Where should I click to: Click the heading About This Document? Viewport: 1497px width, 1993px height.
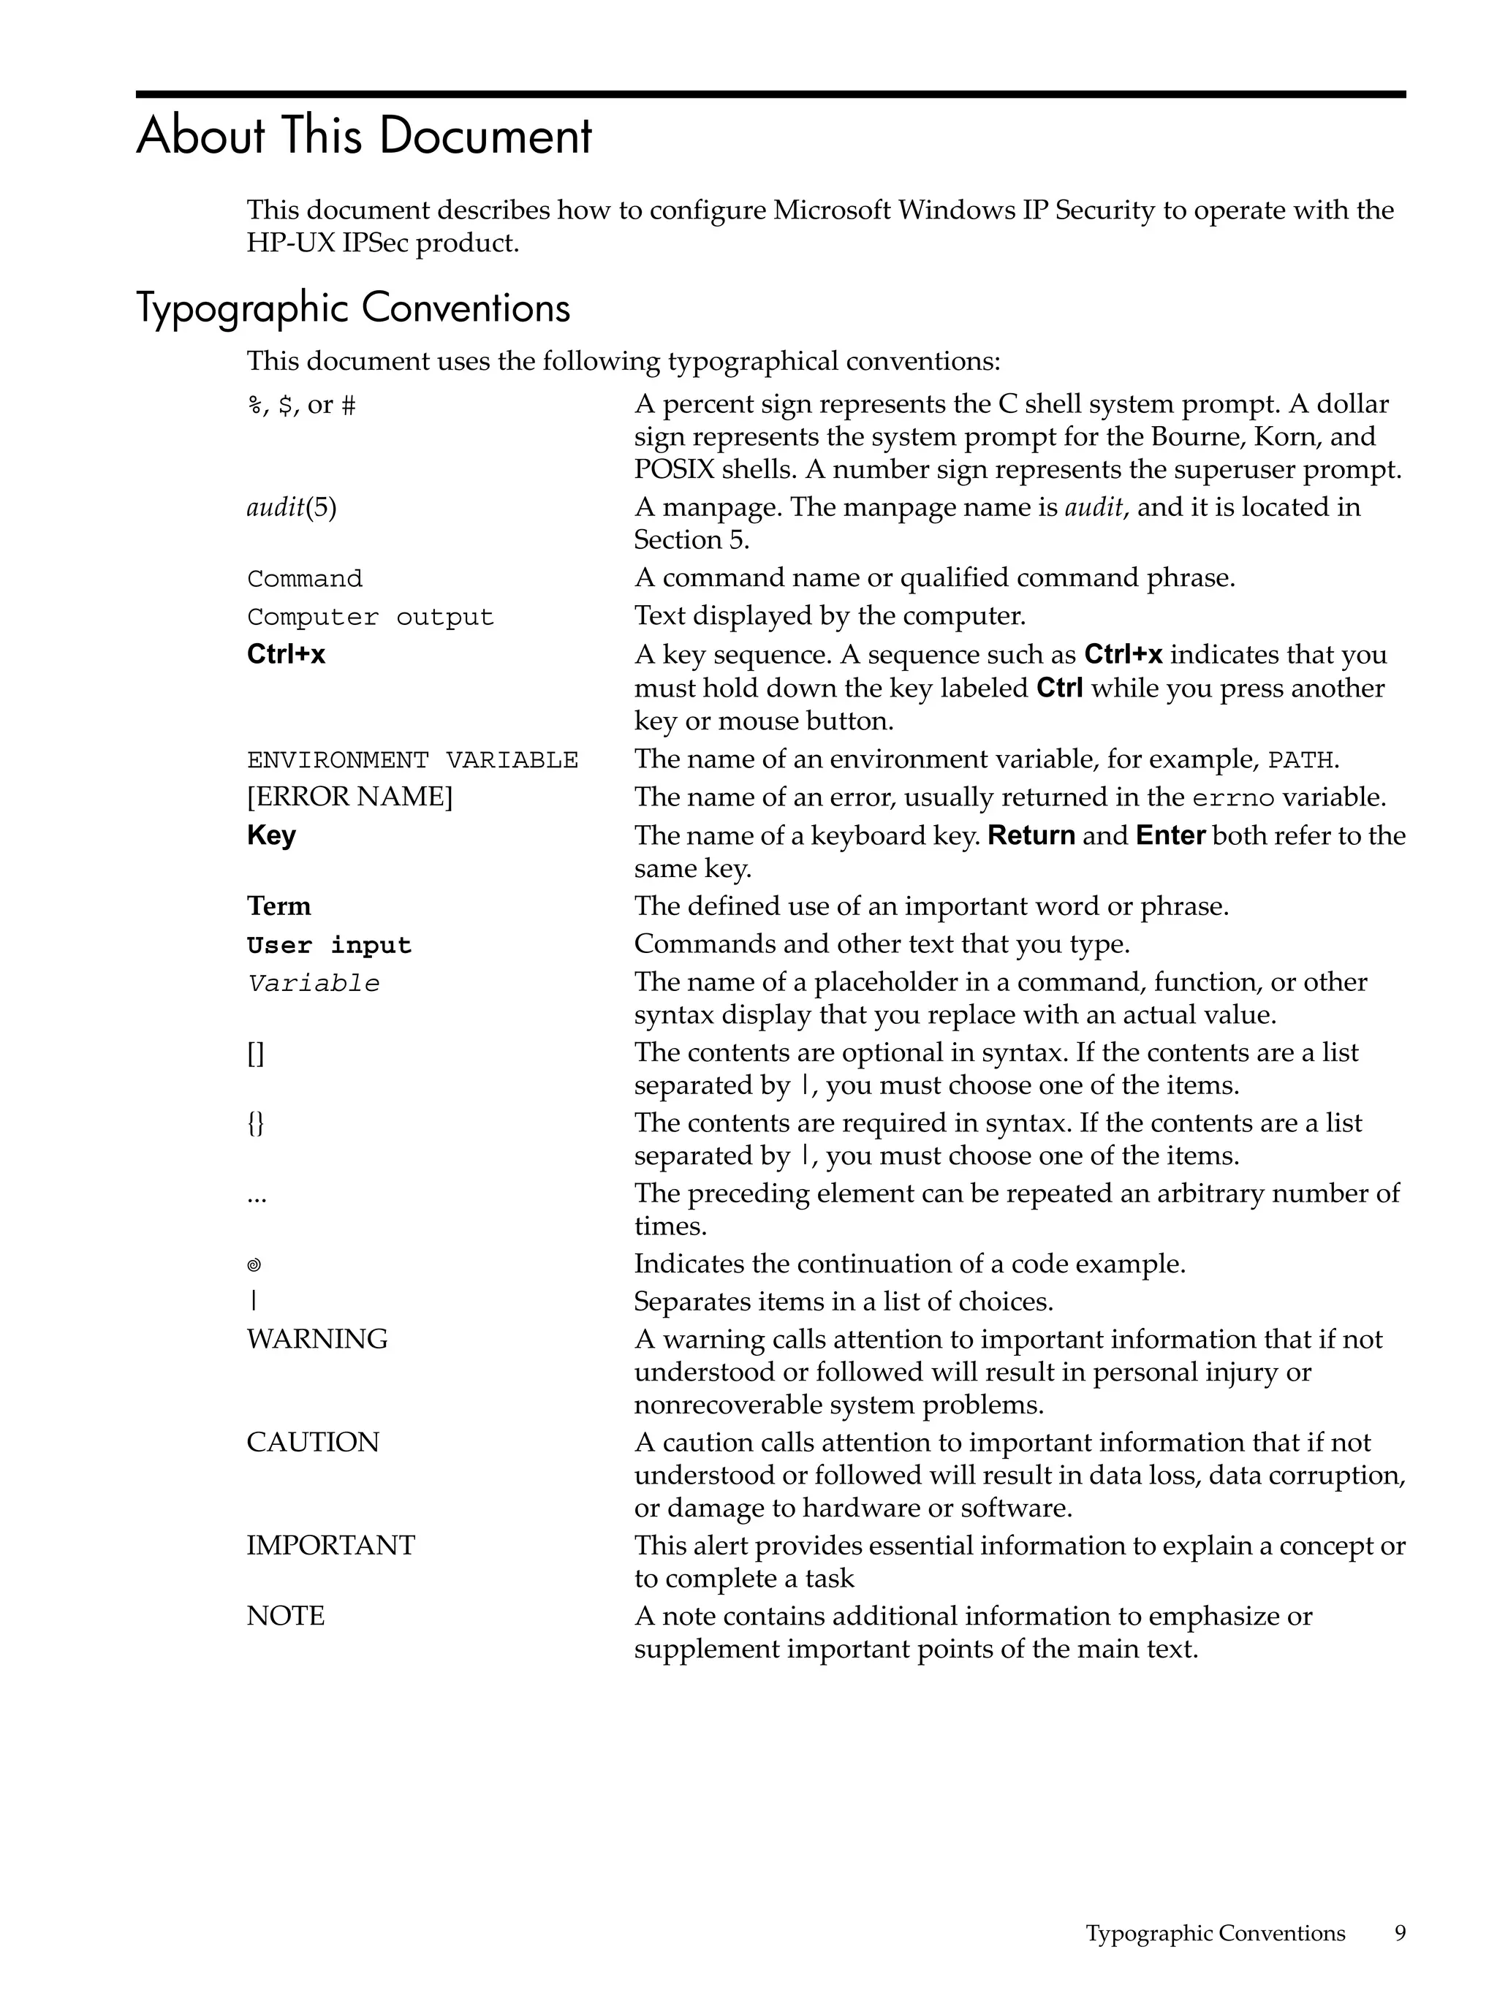tap(363, 136)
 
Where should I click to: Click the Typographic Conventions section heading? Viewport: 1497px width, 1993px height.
tap(352, 308)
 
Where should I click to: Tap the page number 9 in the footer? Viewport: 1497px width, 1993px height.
tap(1400, 1932)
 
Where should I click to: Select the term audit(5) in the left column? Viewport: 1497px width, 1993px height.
tap(291, 508)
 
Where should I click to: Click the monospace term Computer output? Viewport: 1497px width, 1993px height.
tap(370, 617)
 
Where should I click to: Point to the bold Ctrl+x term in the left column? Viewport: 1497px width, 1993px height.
tap(286, 654)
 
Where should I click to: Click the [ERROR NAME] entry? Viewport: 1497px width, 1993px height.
tap(349, 797)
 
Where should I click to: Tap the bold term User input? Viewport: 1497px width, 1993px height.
tap(329, 945)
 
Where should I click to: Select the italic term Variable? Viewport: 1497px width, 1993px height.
tap(313, 983)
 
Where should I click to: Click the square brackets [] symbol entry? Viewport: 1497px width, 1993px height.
tap(255, 1053)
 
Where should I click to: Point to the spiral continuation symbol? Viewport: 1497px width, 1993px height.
tap(254, 1265)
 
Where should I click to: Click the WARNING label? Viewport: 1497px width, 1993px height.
tap(317, 1339)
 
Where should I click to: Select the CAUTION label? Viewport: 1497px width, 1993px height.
tap(313, 1442)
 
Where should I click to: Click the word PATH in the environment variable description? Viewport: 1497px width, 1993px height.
tap(1300, 761)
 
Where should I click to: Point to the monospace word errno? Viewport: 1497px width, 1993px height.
tap(1233, 798)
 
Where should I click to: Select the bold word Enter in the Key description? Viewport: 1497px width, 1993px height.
tap(1170, 835)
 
